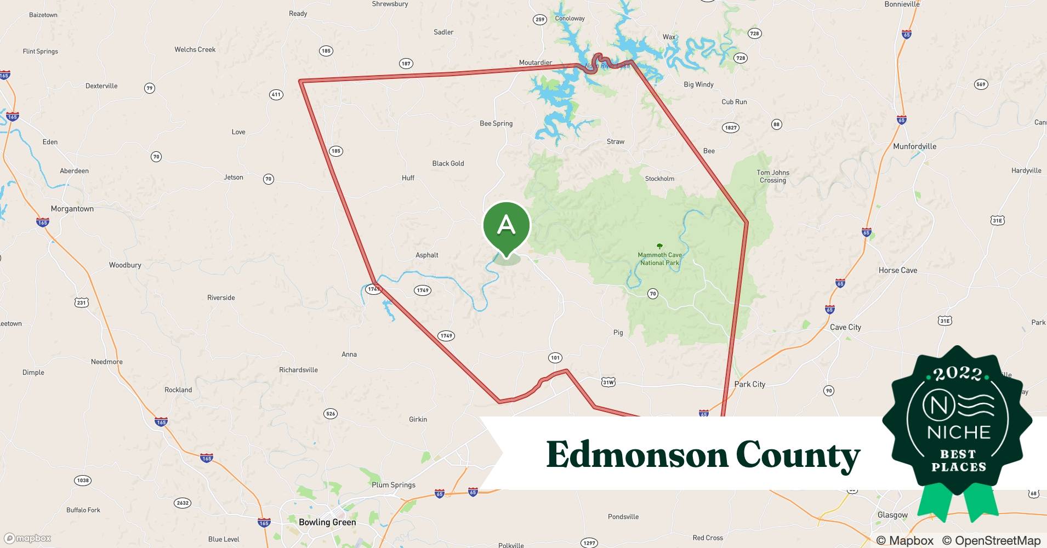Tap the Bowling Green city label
point(327,522)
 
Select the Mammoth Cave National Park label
point(660,259)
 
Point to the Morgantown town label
point(72,209)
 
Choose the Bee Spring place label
point(496,123)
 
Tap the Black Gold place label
point(448,163)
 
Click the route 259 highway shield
point(539,20)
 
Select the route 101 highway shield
point(555,358)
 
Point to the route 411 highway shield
point(276,95)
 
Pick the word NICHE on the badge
point(959,432)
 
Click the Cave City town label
point(845,327)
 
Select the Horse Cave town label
point(897,270)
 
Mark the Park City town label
point(749,384)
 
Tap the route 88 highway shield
point(776,124)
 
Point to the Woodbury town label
point(125,265)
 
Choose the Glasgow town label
point(892,515)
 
